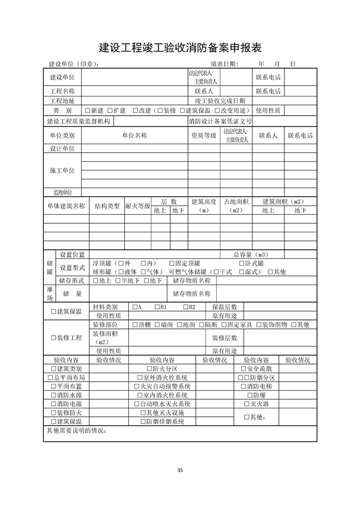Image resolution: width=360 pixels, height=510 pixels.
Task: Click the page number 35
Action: click(180, 470)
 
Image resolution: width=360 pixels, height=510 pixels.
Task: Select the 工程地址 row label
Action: click(62, 101)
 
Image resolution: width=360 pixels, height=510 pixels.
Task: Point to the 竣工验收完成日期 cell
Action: click(220, 101)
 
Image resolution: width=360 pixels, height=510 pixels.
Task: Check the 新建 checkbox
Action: click(87, 110)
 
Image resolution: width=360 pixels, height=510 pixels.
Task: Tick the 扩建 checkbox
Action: click(110, 110)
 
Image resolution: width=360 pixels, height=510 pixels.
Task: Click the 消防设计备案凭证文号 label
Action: click(220, 121)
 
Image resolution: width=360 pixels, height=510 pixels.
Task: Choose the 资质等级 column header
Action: click(203, 136)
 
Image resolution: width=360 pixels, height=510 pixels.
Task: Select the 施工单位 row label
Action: click(62, 170)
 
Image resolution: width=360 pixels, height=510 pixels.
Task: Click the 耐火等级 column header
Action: click(137, 206)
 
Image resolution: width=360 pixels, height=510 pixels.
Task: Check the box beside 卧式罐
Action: click(241, 264)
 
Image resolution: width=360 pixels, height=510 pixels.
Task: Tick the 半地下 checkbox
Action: click(118, 281)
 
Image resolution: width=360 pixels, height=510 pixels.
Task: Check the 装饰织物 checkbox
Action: click(259, 324)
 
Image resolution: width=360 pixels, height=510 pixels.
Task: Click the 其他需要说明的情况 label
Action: click(76, 430)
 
